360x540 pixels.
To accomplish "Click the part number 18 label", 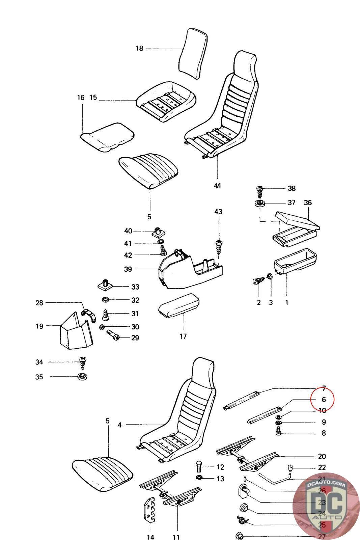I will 139,49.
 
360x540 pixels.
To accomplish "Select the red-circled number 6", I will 323,400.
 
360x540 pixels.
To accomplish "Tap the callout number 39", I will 128,269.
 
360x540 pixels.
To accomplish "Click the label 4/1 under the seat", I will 218,186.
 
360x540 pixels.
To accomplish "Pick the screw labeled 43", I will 219,246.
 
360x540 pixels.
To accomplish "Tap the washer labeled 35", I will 81,377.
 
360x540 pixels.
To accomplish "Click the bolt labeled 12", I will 199,467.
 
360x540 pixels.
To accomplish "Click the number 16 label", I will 80,98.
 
